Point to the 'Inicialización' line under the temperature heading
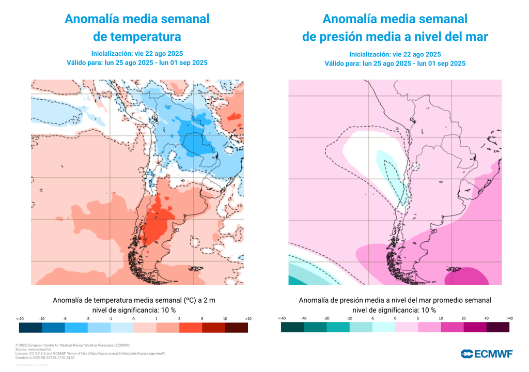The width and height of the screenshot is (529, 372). point(137,53)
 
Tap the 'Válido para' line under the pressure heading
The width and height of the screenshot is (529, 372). point(395,64)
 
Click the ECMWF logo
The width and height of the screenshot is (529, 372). point(487,353)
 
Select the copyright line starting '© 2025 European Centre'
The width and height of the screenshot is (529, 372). point(72,345)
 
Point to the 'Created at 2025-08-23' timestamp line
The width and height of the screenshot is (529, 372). point(45,357)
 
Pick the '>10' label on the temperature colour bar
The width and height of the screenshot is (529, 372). point(248,319)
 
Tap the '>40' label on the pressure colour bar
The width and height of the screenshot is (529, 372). point(509,318)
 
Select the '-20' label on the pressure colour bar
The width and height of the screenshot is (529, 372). point(327,318)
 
